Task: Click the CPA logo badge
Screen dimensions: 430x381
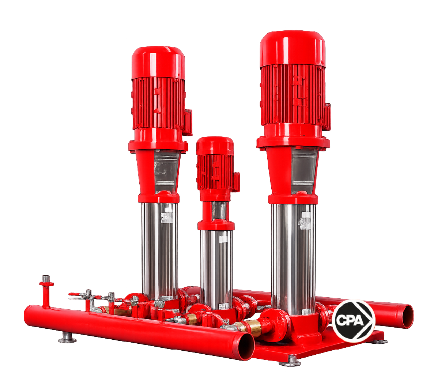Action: (353, 320)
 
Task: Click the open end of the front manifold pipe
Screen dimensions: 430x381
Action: (246, 346)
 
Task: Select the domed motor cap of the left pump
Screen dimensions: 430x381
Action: (158, 63)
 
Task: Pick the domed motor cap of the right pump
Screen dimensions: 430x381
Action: (293, 49)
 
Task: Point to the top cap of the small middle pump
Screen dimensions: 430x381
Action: (215, 146)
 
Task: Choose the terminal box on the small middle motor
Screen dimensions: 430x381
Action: (236, 182)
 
